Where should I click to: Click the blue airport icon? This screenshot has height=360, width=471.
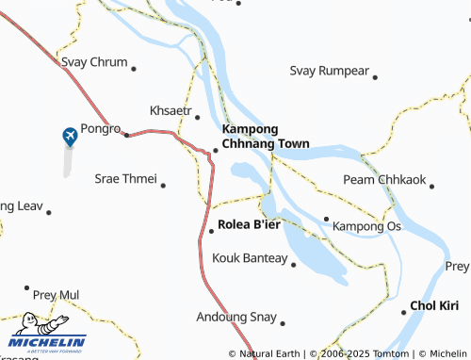pyautogui.click(x=70, y=138)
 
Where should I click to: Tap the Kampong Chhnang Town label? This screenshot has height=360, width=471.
pyautogui.click(x=266, y=137)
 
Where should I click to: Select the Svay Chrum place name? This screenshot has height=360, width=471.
pyautogui.click(x=94, y=62)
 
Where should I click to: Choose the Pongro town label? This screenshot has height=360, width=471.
pyautogui.click(x=101, y=128)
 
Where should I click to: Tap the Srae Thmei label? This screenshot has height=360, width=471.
pyautogui.click(x=125, y=177)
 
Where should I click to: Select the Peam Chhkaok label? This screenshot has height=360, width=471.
pyautogui.click(x=383, y=179)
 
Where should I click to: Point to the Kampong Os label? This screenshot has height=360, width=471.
pyautogui.click(x=367, y=226)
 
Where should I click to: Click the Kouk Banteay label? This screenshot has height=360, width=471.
pyautogui.click(x=250, y=257)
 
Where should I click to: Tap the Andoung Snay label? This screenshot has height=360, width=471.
pyautogui.click(x=236, y=317)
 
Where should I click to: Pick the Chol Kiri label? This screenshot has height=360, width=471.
pyautogui.click(x=434, y=306)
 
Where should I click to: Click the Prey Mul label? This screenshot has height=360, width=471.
pyautogui.click(x=57, y=295)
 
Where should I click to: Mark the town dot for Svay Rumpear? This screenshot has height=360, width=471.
pyautogui.click(x=375, y=77)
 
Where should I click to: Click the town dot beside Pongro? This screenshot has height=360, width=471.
pyautogui.click(x=127, y=135)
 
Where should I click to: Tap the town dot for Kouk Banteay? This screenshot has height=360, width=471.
pyautogui.click(x=294, y=265)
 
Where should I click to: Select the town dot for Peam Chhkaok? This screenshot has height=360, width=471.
pyautogui.click(x=431, y=186)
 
